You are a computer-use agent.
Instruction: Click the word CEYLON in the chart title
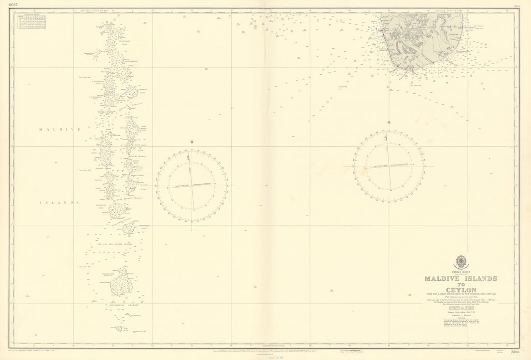461,290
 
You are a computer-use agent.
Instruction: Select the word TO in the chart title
461,284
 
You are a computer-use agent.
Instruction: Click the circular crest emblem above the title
461,262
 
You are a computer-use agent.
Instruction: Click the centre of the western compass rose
192,186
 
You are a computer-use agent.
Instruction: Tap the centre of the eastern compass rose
389,166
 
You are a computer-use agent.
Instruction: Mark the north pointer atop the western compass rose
192,142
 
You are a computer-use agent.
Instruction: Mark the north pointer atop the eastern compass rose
389,123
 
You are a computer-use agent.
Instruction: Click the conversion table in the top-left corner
31,22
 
